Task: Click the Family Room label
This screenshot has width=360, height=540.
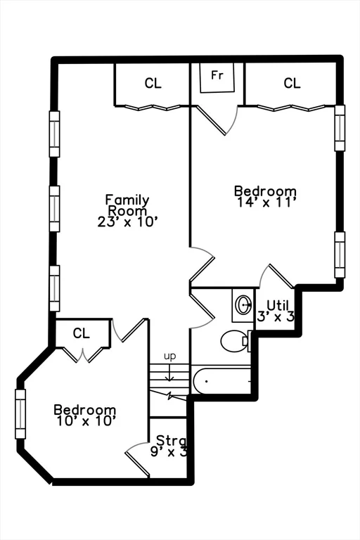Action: (127, 205)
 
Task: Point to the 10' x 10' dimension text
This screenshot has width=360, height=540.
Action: (85, 421)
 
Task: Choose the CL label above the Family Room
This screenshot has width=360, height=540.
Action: (153, 84)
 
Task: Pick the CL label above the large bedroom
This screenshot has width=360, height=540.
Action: (292, 84)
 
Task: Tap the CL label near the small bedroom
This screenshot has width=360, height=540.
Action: (82, 333)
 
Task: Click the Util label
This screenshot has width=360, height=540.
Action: (278, 305)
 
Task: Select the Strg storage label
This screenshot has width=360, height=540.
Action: (171, 441)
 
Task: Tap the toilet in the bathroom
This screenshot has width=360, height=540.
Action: (234, 342)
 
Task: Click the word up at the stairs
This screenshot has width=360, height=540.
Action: (169, 356)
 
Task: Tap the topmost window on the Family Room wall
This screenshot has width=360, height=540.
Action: (54, 134)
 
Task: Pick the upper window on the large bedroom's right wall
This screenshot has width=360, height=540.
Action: (340, 128)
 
